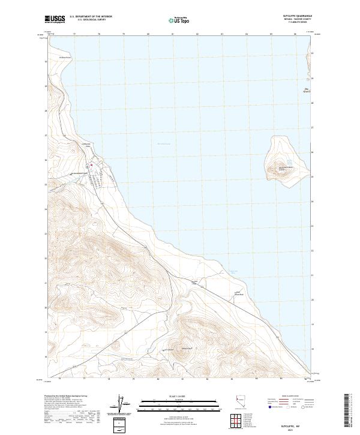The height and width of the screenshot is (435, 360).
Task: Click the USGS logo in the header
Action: pyautogui.click(x=55, y=19)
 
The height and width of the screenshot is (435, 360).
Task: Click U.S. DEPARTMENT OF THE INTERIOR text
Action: pyautogui.click(x=91, y=16)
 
